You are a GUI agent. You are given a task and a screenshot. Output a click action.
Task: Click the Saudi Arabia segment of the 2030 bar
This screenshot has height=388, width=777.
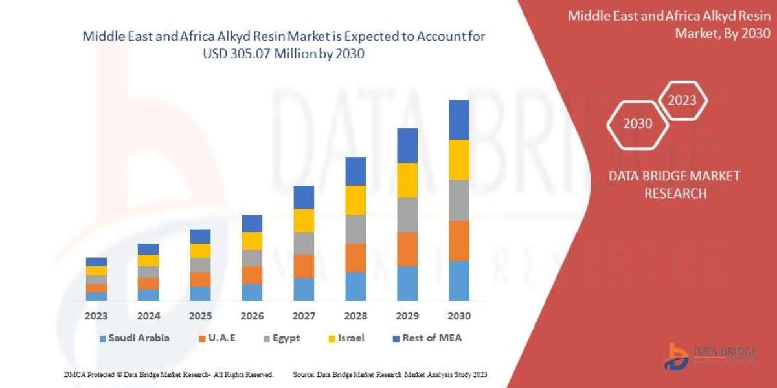tap(459, 281)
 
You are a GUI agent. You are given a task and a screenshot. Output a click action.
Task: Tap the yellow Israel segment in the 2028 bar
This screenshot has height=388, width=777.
tap(355, 200)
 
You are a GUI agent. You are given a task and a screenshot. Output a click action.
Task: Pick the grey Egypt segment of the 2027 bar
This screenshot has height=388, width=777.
tap(304, 243)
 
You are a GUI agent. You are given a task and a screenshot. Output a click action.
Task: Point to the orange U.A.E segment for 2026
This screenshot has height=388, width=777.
tap(252, 275)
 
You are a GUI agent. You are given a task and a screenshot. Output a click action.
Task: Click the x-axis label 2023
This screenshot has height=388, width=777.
tap(96, 317)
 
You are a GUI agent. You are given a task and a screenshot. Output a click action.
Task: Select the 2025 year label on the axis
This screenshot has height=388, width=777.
tap(200, 317)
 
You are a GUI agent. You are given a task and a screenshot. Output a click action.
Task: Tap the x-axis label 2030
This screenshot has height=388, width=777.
tap(459, 317)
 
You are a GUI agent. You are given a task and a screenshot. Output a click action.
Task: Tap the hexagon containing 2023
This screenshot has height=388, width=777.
tap(682, 100)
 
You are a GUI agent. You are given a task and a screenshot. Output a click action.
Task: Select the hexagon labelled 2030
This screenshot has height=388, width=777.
tap(638, 124)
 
